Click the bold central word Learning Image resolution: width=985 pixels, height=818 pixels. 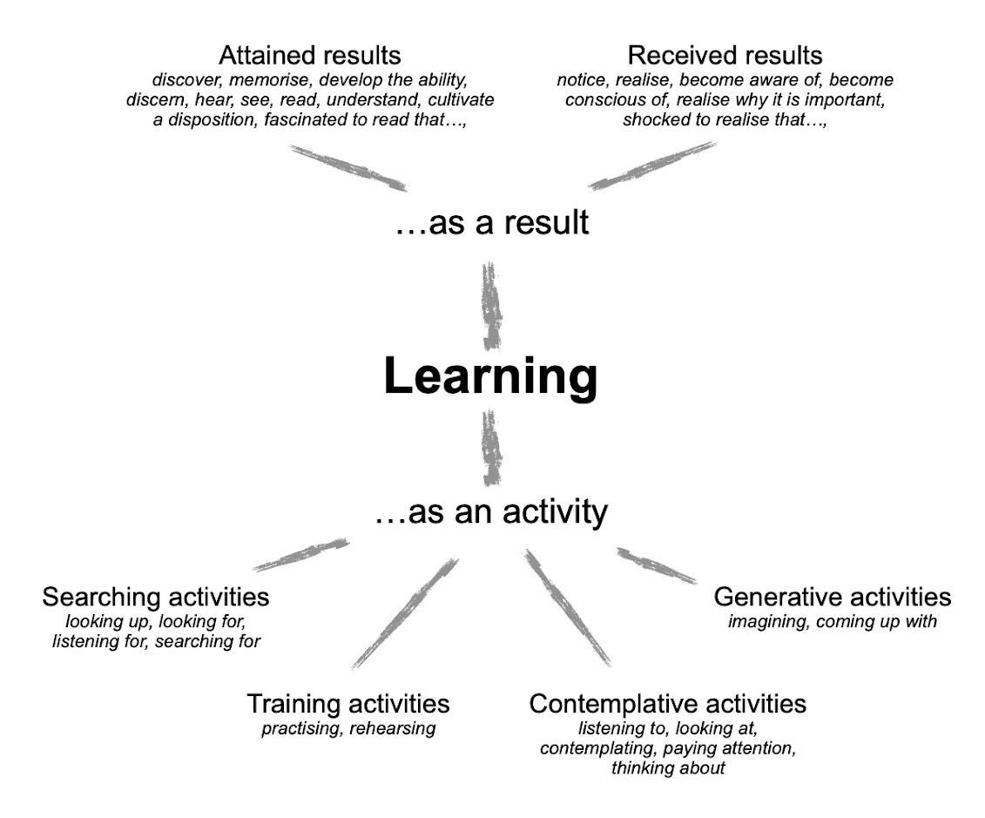(491, 376)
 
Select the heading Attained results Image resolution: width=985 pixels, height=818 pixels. (310, 55)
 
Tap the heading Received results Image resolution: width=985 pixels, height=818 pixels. (725, 55)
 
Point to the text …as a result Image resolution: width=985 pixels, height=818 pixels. (491, 223)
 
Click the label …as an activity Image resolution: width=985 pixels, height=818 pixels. (491, 512)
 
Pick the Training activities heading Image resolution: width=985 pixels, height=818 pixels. (348, 703)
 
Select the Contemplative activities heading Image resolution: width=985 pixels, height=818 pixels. (667, 703)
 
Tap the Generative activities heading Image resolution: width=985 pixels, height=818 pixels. (833, 597)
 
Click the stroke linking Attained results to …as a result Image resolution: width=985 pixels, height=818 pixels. (347, 167)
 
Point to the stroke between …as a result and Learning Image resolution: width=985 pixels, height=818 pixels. (493, 304)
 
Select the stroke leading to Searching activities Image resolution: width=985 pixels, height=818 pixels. (302, 555)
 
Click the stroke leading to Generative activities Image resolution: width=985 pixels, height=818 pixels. (656, 565)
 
